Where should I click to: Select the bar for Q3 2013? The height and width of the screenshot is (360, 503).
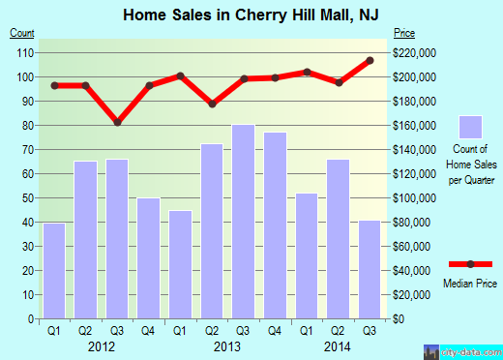tap(243, 222)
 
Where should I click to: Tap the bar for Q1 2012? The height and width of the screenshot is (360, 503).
tap(54, 270)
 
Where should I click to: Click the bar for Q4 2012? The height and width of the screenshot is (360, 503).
tap(149, 258)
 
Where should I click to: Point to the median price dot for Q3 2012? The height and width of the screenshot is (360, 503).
tap(117, 123)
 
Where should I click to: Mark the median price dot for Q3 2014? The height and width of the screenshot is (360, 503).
tap(370, 61)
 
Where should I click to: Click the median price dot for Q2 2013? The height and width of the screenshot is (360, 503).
tap(212, 104)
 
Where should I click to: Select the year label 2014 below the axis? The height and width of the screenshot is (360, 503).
tap(338, 345)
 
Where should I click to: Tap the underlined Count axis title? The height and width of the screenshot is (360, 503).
tap(23, 34)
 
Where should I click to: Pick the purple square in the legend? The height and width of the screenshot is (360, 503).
tap(471, 127)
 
